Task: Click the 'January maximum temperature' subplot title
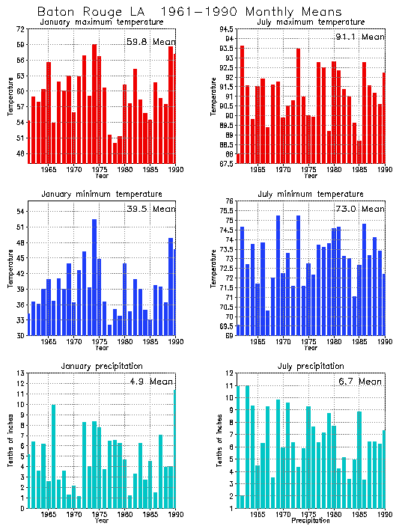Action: [x=101, y=22]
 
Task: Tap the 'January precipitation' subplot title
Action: [x=101, y=365]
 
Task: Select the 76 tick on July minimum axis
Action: [x=228, y=201]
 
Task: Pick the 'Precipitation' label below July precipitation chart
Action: [x=310, y=520]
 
